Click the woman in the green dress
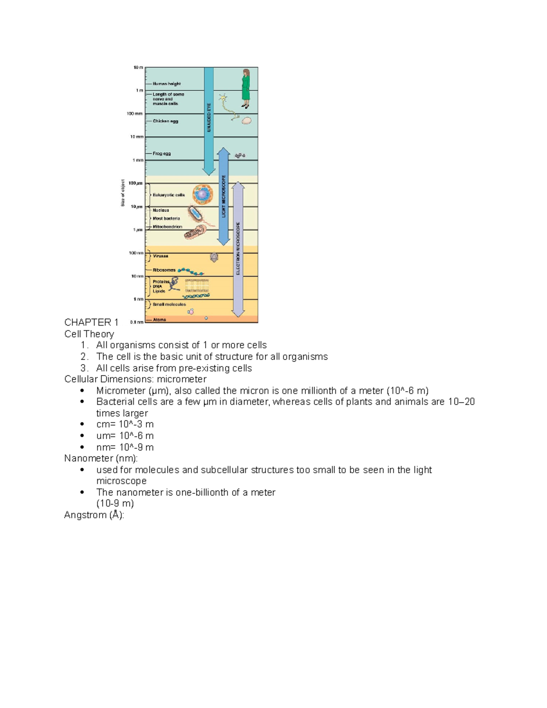pos(246,88)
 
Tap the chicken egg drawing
pos(247,121)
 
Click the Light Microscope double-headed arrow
pos(223,196)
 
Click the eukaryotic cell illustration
pos(202,195)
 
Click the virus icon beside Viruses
pos(214,258)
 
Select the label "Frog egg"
pos(161,154)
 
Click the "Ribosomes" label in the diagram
pos(164,270)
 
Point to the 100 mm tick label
pos(135,114)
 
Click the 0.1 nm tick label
pos(136,322)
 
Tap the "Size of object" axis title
pos(123,193)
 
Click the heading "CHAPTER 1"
pos(91,322)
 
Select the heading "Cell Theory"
pos(89,334)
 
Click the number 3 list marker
pos(84,368)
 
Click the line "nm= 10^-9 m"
pos(124,447)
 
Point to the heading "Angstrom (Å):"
pos(94,515)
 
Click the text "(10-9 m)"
pos(115,503)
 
